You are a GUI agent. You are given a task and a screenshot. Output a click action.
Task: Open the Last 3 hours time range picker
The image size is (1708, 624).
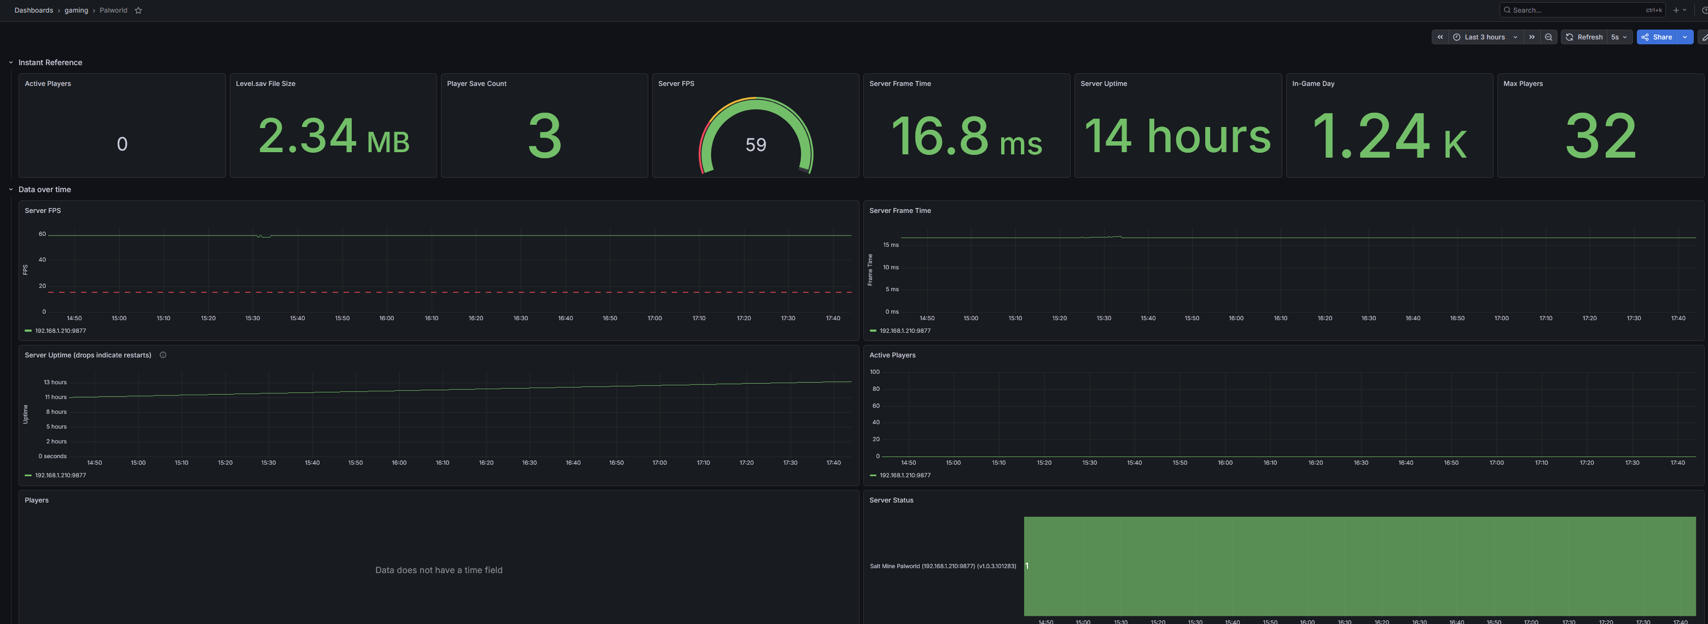1485,37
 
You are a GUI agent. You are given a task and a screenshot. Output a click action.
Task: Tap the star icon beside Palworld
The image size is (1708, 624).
138,10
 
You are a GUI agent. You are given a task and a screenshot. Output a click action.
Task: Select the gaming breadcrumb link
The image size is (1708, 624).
76,10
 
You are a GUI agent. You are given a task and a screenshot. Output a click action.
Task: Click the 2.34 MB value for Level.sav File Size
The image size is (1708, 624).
334,136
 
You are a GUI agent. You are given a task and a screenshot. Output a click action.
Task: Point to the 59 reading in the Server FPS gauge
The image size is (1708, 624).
756,145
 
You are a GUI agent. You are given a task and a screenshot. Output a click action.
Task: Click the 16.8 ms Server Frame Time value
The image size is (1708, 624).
967,136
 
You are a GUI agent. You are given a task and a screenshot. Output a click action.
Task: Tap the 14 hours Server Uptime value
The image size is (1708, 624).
1177,136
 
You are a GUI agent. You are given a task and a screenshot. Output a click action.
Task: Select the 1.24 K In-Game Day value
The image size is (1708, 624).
1389,136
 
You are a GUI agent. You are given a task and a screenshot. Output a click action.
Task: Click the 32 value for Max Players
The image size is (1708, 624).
1601,136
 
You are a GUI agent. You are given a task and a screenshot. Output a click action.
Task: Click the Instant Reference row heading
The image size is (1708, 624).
50,62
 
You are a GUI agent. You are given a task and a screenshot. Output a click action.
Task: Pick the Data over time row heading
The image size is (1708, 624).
44,189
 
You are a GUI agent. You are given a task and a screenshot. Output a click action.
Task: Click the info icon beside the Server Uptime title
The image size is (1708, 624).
163,355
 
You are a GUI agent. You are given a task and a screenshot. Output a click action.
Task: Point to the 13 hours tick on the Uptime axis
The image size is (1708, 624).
55,383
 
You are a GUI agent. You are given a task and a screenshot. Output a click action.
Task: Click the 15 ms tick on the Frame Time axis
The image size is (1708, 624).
891,245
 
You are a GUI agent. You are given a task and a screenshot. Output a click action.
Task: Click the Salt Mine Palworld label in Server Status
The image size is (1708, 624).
943,567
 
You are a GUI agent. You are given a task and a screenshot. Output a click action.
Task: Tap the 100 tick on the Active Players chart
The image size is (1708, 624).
875,372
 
